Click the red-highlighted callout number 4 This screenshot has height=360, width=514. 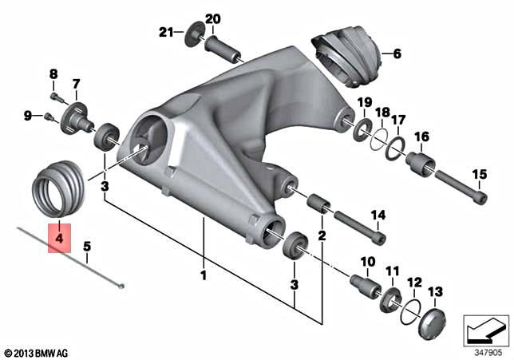click(59, 238)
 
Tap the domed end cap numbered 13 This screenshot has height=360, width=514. click(433, 323)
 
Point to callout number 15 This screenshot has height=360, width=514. click(480, 174)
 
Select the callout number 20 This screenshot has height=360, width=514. click(213, 19)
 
